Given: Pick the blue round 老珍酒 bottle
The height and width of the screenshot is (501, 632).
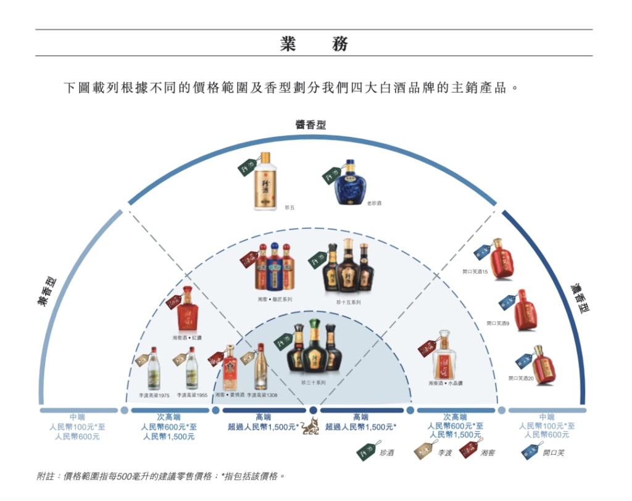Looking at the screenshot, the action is coord(350,183).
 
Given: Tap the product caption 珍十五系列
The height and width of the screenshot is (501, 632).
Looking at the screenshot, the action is coord(348,302).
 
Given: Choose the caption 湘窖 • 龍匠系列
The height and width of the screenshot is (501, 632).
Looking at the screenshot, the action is coord(275,299).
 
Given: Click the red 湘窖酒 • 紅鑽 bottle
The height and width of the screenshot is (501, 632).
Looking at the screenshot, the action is coord(188,310).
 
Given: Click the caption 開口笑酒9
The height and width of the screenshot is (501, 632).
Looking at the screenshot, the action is coord(497,323).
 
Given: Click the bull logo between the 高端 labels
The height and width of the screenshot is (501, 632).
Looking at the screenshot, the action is coord(310,426).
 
